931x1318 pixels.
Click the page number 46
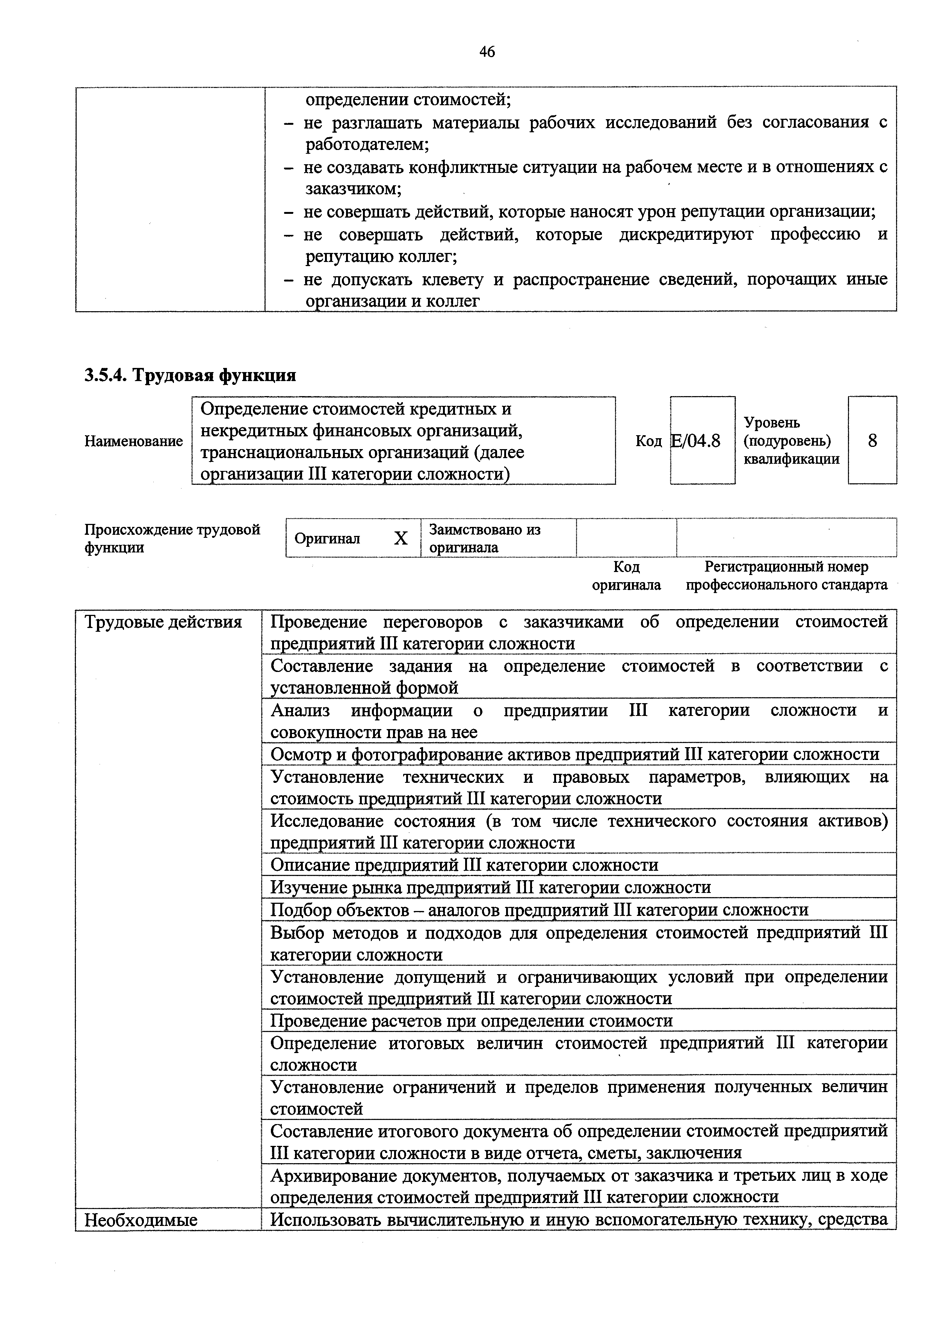click(487, 52)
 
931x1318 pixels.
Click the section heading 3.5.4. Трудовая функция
click(190, 375)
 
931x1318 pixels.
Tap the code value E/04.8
click(696, 441)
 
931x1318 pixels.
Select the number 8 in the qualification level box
click(872, 441)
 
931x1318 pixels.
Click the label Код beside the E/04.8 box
click(648, 441)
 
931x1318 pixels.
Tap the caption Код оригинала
click(626, 576)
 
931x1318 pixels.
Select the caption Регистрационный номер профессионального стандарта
click(786, 576)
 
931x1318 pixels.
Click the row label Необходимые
click(141, 1220)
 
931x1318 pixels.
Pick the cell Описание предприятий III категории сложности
click(464, 864)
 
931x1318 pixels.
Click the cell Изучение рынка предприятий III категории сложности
click(490, 887)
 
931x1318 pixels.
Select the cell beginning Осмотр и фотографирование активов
click(574, 754)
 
